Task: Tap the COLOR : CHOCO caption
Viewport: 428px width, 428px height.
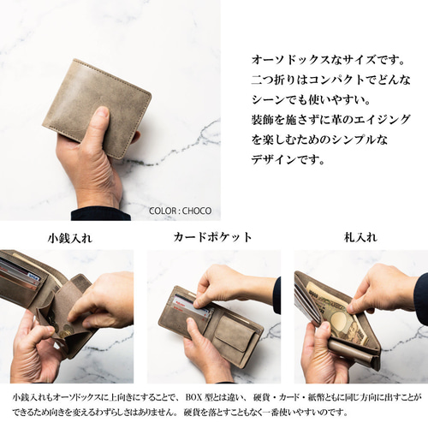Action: pyautogui.click(x=180, y=210)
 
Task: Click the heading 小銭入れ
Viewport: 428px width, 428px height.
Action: pyautogui.click(x=69, y=237)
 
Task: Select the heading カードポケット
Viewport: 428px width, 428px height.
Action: pyautogui.click(x=213, y=237)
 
